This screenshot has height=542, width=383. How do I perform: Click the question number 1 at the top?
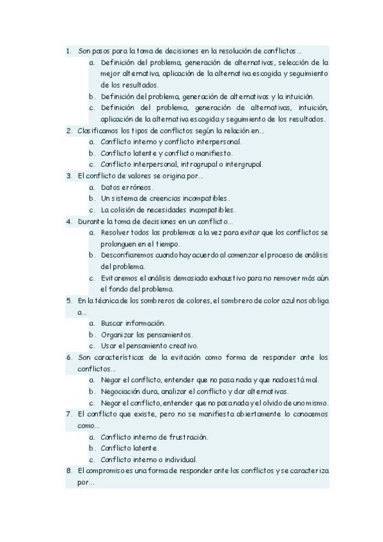(68, 50)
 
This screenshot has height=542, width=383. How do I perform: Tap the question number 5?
(68, 300)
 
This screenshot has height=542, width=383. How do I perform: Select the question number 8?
(68, 471)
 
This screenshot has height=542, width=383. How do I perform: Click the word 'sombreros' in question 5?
(193, 300)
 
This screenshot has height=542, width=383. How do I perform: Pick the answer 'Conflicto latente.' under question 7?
(128, 448)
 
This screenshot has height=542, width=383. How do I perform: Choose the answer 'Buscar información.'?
(133, 323)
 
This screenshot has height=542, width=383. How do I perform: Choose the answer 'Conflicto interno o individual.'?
(148, 459)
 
